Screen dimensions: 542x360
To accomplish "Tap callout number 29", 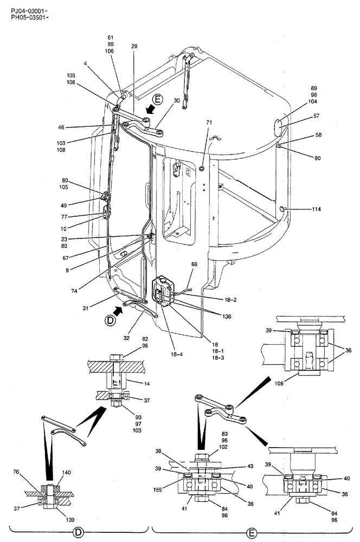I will (x=134, y=47).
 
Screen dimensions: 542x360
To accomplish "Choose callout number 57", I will (x=316, y=117).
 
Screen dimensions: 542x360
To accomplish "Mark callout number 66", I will (x=194, y=265).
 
